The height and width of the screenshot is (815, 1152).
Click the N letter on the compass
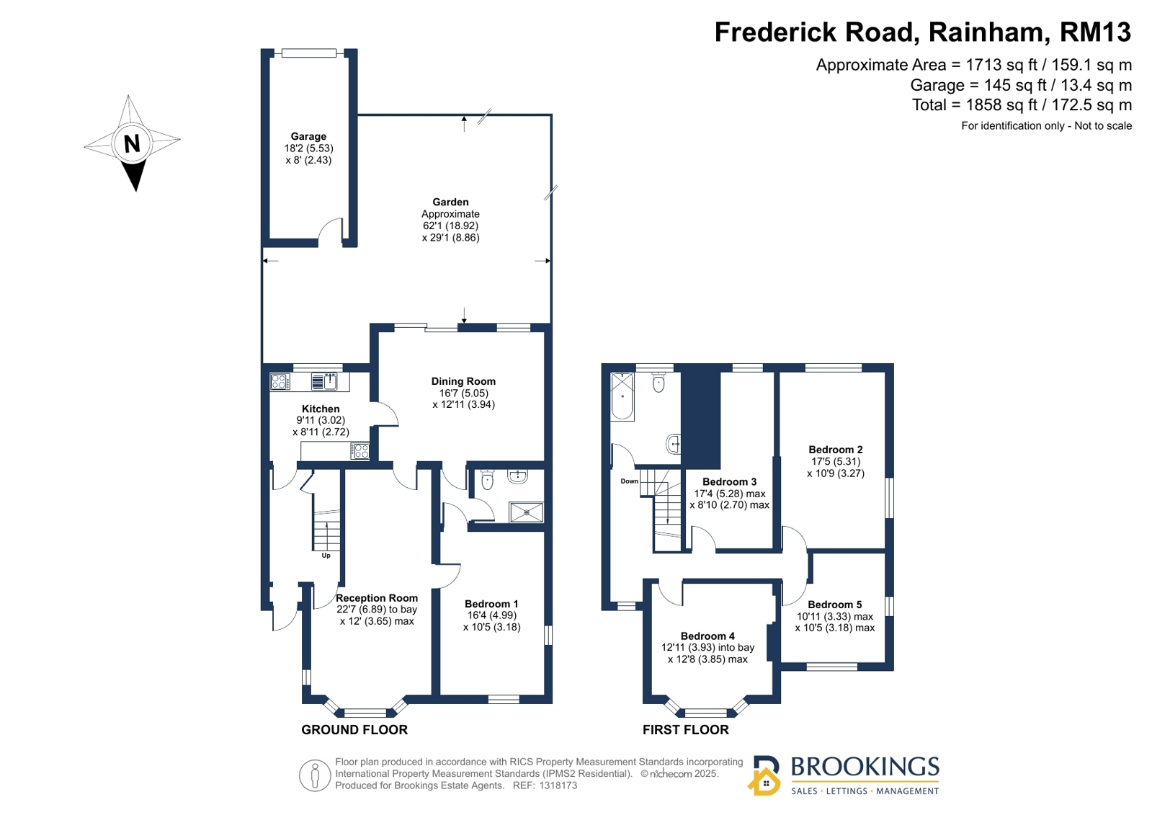point(132,144)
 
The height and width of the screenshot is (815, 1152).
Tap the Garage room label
point(308,136)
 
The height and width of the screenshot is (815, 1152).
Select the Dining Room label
point(463,381)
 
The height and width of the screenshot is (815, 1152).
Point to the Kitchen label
point(321,409)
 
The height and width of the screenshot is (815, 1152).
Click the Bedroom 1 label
point(491,604)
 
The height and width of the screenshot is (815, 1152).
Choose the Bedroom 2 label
point(835,450)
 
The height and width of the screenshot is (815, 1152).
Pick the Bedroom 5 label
point(834,605)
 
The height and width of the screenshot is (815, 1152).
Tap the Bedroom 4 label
point(707,636)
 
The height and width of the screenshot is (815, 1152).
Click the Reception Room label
point(377,598)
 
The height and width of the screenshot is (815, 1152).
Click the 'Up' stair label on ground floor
point(326,556)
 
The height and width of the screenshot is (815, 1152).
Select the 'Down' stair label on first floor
point(629,481)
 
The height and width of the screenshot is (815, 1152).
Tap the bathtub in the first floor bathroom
point(622,396)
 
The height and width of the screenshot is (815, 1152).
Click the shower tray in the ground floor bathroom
point(526,512)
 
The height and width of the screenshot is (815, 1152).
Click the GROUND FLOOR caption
point(354,730)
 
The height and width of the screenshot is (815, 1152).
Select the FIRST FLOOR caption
point(685,730)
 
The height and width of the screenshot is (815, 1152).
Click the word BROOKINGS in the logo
point(865,767)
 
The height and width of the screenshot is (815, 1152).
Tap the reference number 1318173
point(558,785)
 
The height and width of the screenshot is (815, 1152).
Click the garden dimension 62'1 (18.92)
point(450,226)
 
